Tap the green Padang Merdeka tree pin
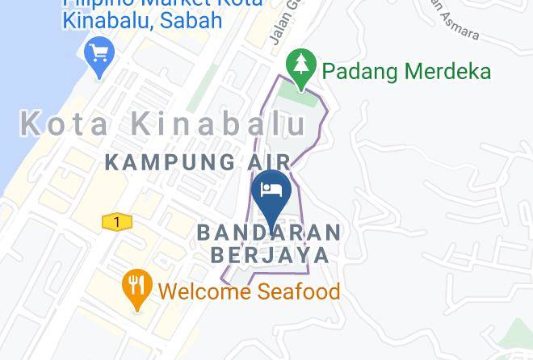point(302,67)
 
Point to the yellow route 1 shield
point(117,222)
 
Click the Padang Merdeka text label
point(406,71)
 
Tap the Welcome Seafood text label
point(249,291)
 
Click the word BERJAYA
point(270,255)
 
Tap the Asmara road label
point(458,30)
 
